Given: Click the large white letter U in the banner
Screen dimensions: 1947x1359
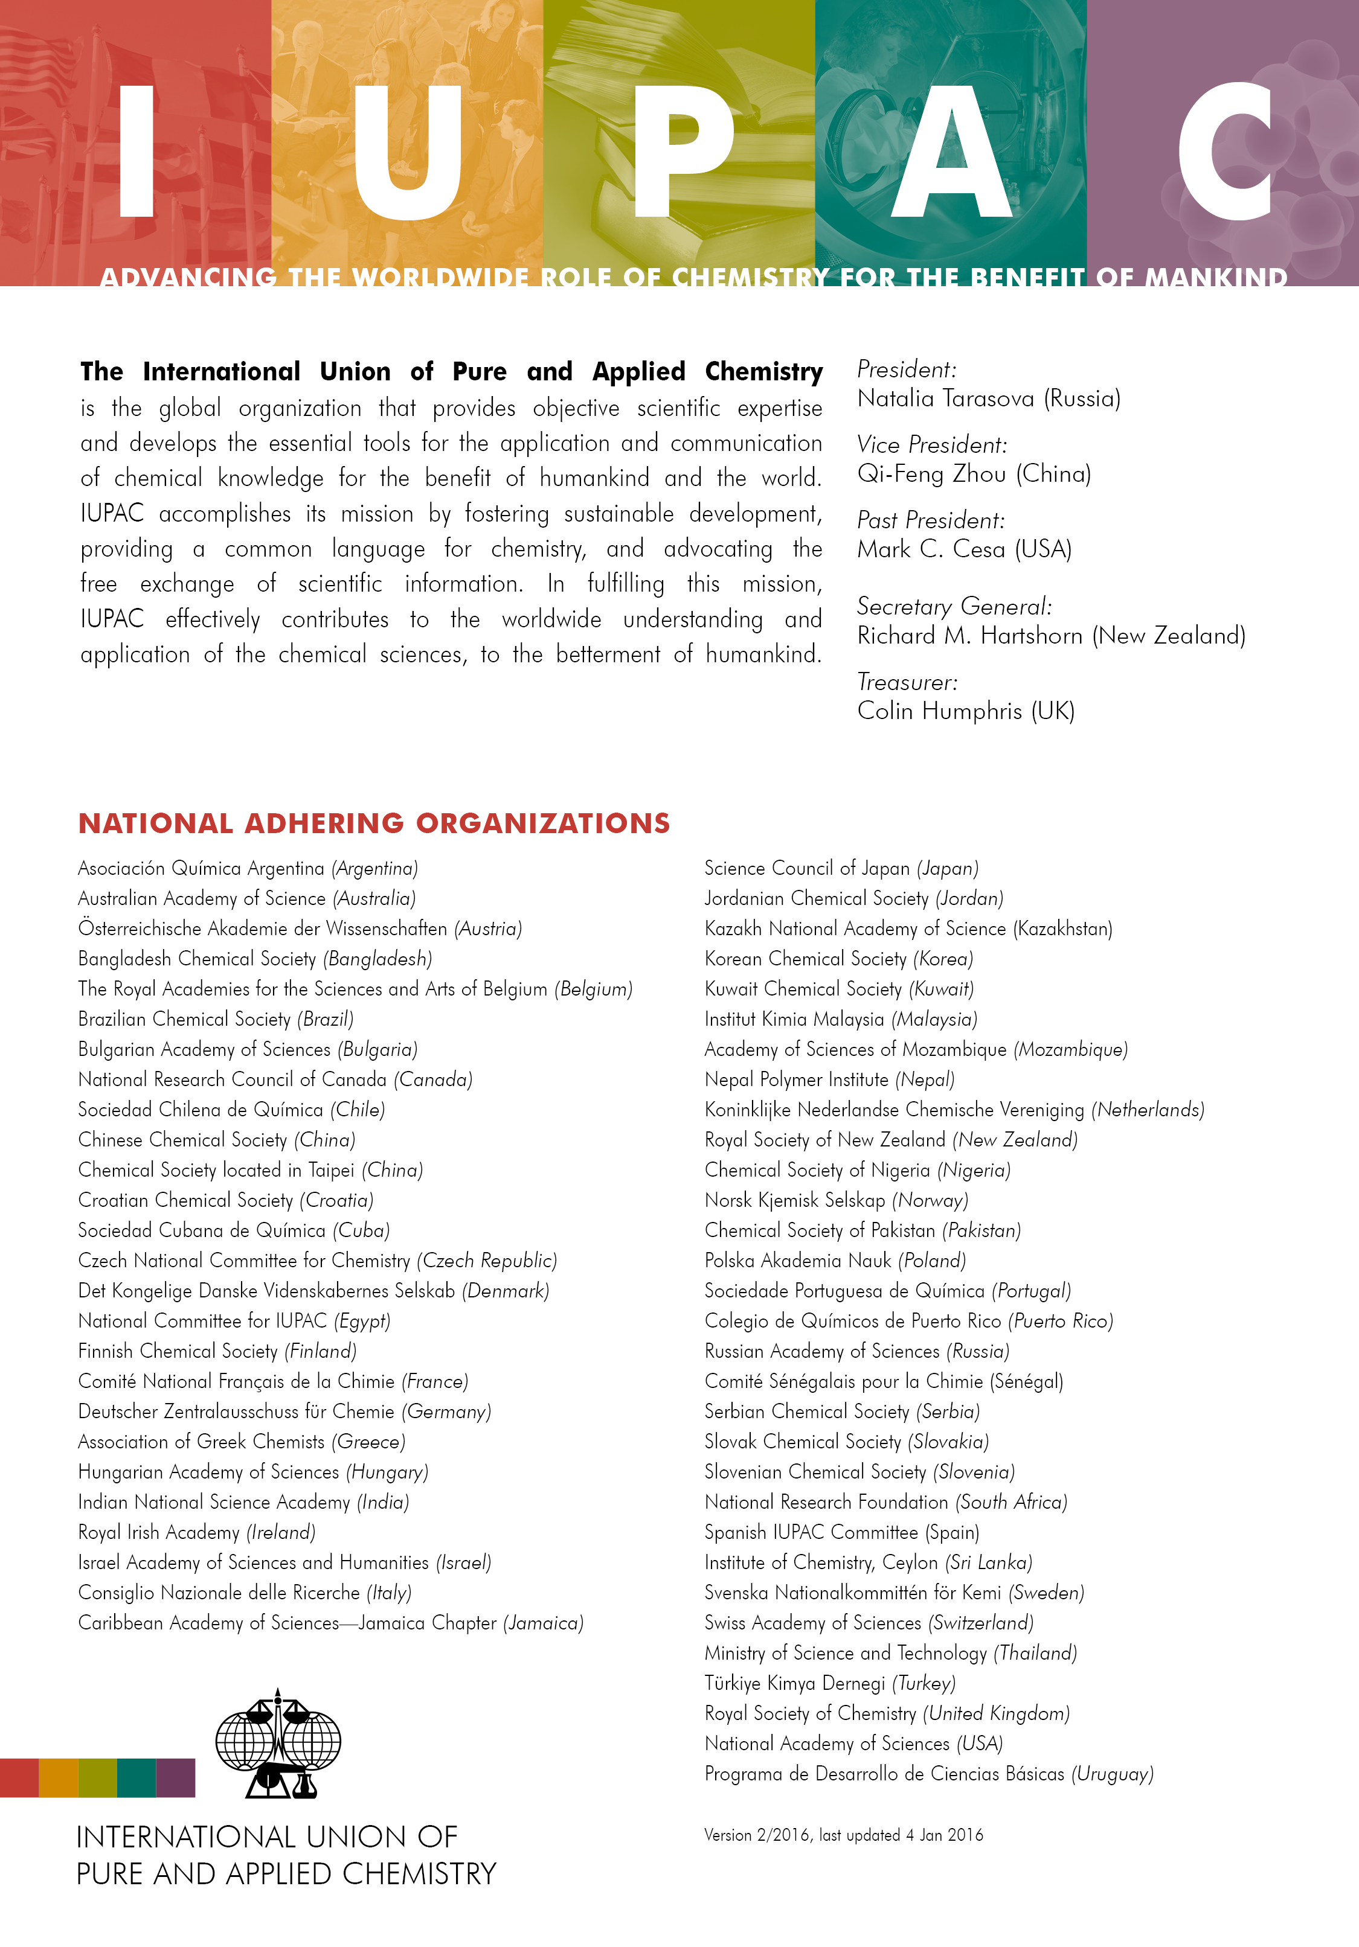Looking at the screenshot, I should pyautogui.click(x=407, y=153).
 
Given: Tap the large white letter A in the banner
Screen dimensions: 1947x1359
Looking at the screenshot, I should pyautogui.click(x=952, y=153).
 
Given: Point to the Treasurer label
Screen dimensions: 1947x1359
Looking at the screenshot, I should pyautogui.click(x=907, y=682).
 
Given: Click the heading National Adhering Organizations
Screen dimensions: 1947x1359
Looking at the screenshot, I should pyautogui.click(x=374, y=823).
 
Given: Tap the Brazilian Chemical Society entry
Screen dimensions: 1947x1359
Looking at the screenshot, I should pyautogui.click(x=216, y=1019).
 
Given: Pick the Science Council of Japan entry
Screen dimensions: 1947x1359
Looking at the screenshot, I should pyautogui.click(x=841, y=868).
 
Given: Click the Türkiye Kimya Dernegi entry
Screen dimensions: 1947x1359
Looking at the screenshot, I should pyautogui.click(x=830, y=1683).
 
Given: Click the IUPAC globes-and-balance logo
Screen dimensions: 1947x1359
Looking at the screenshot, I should pyautogui.click(x=278, y=1744).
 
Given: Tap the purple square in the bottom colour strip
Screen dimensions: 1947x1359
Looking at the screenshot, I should pyautogui.click(x=176, y=1778).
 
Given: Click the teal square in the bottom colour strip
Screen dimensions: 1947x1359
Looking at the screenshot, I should pyautogui.click(x=137, y=1778).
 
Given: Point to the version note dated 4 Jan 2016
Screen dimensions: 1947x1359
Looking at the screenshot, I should pyautogui.click(x=843, y=1835).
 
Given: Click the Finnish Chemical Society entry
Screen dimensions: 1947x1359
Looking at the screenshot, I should pyautogui.click(x=217, y=1351).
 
